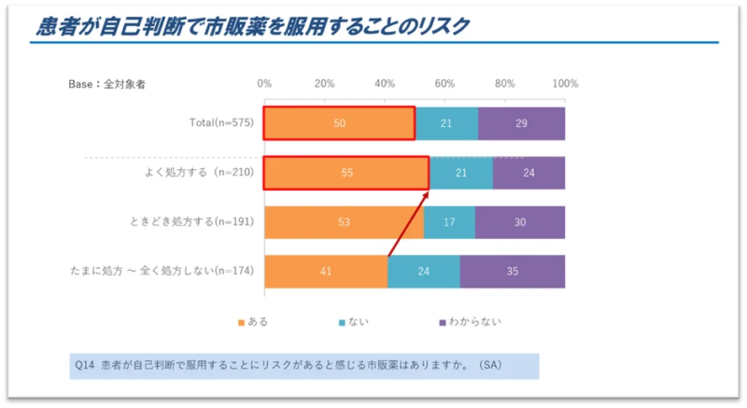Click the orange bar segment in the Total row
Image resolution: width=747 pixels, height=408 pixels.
tap(339, 123)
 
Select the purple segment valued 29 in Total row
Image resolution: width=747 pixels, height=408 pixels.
tap(521, 123)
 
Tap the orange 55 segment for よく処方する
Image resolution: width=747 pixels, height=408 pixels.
tap(345, 173)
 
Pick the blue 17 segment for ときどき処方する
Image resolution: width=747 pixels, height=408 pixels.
tap(449, 222)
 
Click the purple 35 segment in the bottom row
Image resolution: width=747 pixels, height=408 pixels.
tap(512, 271)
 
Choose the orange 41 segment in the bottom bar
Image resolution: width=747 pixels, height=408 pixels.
tap(325, 271)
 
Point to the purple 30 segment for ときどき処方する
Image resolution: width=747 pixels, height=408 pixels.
tap(520, 222)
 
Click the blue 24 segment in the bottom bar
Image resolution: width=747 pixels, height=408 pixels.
tap(423, 271)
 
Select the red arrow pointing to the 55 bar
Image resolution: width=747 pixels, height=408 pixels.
tap(408, 222)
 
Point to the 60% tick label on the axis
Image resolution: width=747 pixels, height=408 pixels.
tap(444, 84)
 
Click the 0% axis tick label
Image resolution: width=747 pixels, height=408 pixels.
tap(264, 84)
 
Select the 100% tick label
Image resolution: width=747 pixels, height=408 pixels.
tap(565, 84)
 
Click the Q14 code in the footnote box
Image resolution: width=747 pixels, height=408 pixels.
tap(86, 364)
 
